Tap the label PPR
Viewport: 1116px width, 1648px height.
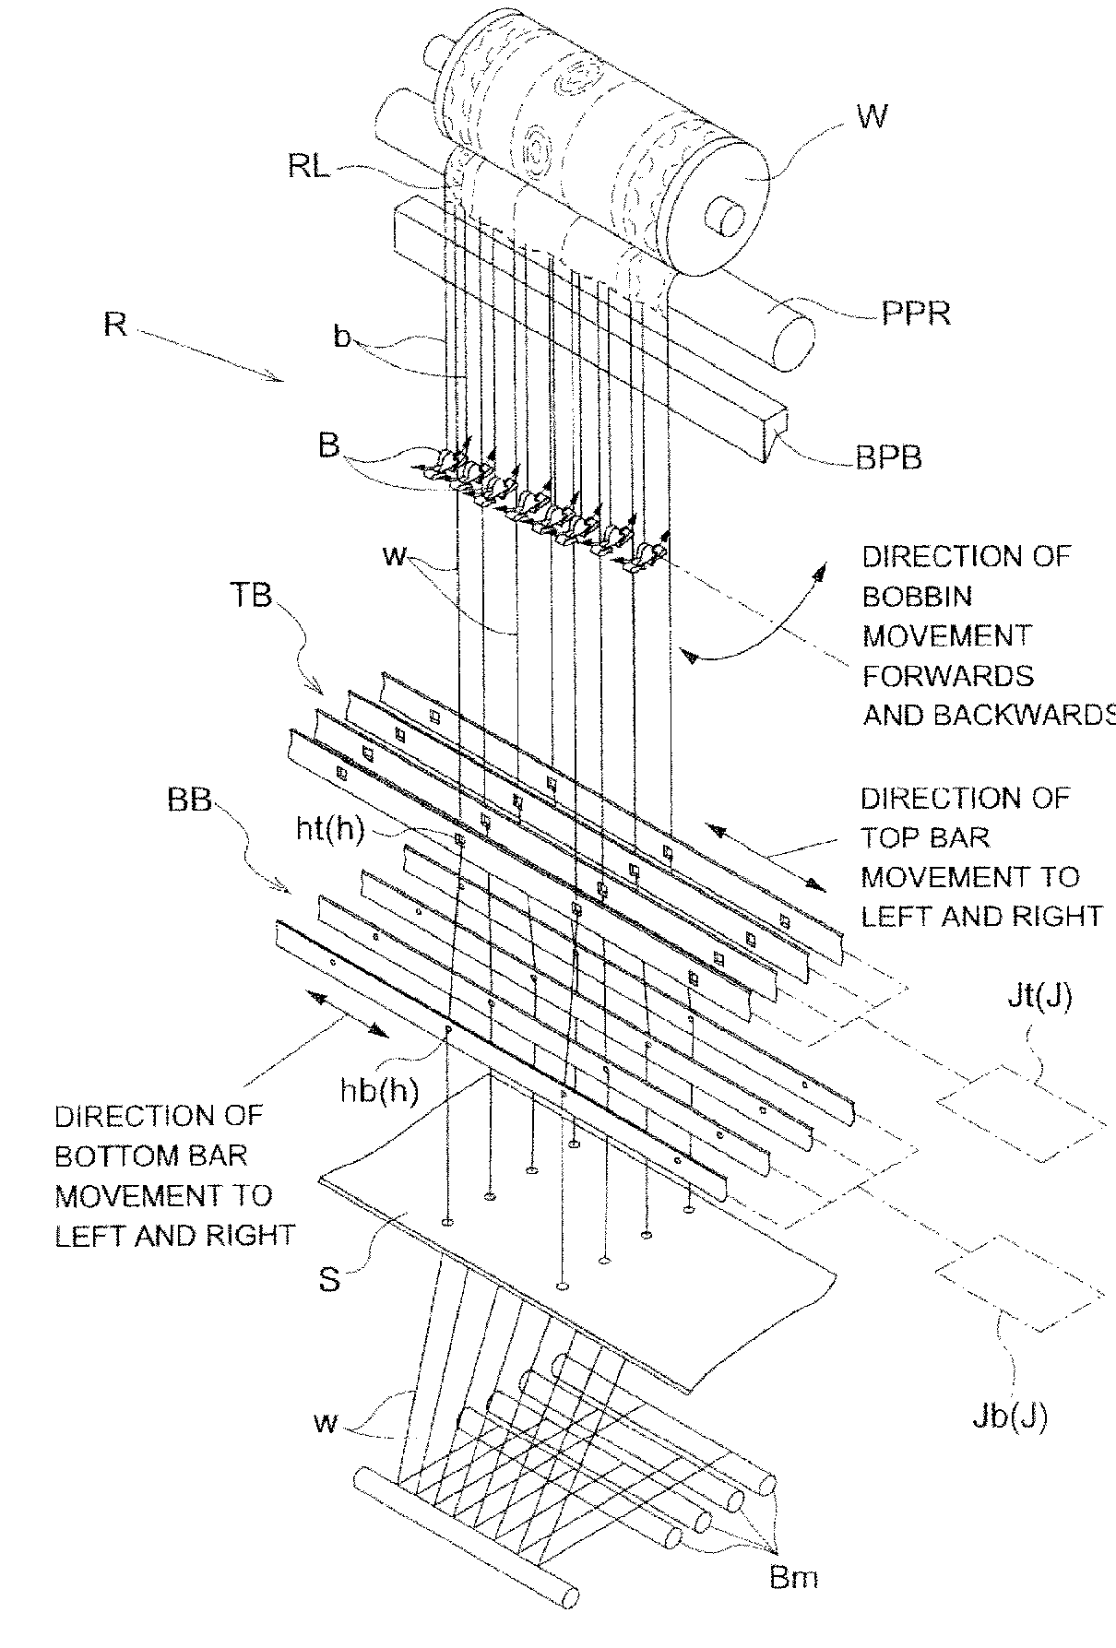click(x=915, y=313)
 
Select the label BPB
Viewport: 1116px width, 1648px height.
click(x=888, y=456)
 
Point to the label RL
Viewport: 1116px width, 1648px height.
click(x=309, y=169)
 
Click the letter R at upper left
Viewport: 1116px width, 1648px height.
click(x=114, y=326)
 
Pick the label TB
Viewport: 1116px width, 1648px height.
click(x=251, y=595)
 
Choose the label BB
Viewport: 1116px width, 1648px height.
click(x=190, y=800)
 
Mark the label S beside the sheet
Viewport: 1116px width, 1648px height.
click(x=329, y=1279)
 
